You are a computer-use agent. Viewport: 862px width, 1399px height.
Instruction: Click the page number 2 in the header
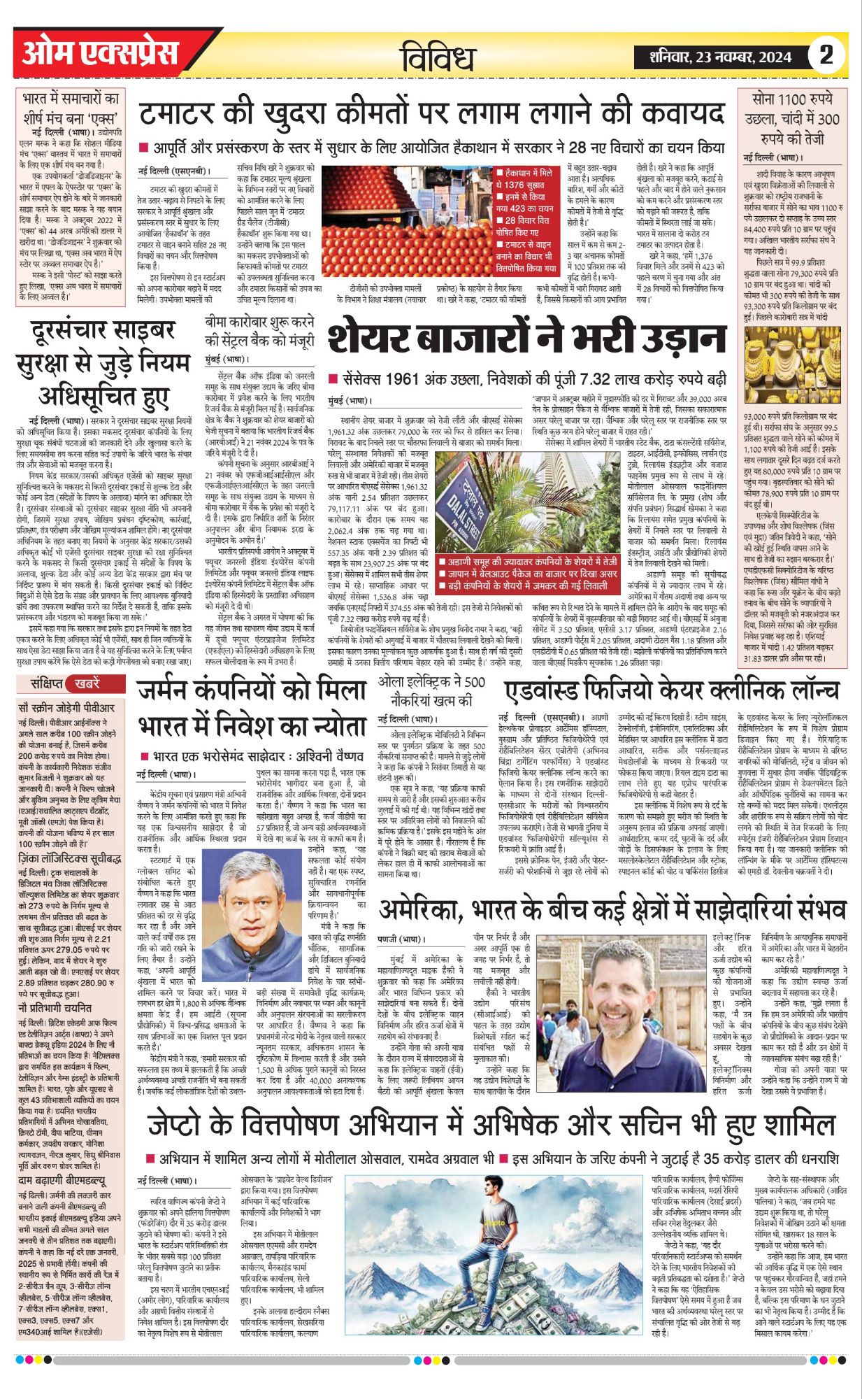click(826, 55)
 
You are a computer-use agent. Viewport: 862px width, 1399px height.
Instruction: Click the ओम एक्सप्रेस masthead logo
click(100, 54)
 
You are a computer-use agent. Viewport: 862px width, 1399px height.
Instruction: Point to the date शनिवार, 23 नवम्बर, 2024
click(720, 57)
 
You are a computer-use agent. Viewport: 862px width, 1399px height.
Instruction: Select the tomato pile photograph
click(407, 220)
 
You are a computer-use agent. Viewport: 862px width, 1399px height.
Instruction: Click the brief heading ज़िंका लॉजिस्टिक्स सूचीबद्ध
click(70, 858)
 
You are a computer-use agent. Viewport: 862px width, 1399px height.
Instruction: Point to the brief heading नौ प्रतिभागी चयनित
click(55, 1008)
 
